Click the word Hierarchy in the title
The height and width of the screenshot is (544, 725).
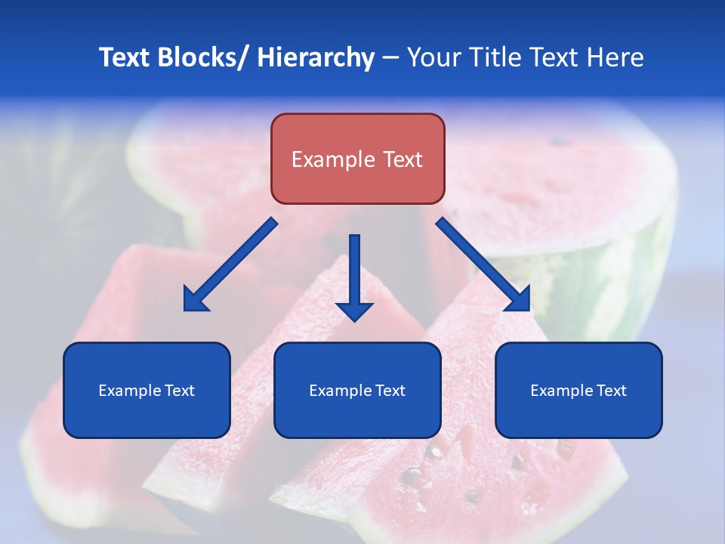point(316,57)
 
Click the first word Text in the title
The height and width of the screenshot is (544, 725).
point(125,57)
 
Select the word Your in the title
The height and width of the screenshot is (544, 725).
point(433,57)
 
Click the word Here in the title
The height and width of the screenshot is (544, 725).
point(617,57)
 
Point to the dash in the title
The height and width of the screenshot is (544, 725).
point(390,57)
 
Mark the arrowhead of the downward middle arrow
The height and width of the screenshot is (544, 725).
point(355,310)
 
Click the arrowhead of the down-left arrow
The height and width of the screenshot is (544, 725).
point(194,301)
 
